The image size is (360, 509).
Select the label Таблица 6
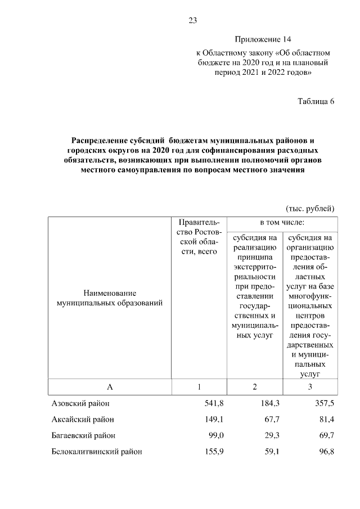(316, 102)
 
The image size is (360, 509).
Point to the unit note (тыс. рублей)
(310, 208)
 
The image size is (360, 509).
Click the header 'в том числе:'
(281, 223)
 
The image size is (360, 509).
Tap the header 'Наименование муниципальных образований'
(110, 298)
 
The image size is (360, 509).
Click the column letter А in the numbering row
(110, 386)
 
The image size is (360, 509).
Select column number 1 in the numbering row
(199, 386)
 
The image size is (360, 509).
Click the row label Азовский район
(80, 403)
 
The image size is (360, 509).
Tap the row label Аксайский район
(83, 419)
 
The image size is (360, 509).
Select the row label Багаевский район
(84, 435)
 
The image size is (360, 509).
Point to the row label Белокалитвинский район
(97, 451)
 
